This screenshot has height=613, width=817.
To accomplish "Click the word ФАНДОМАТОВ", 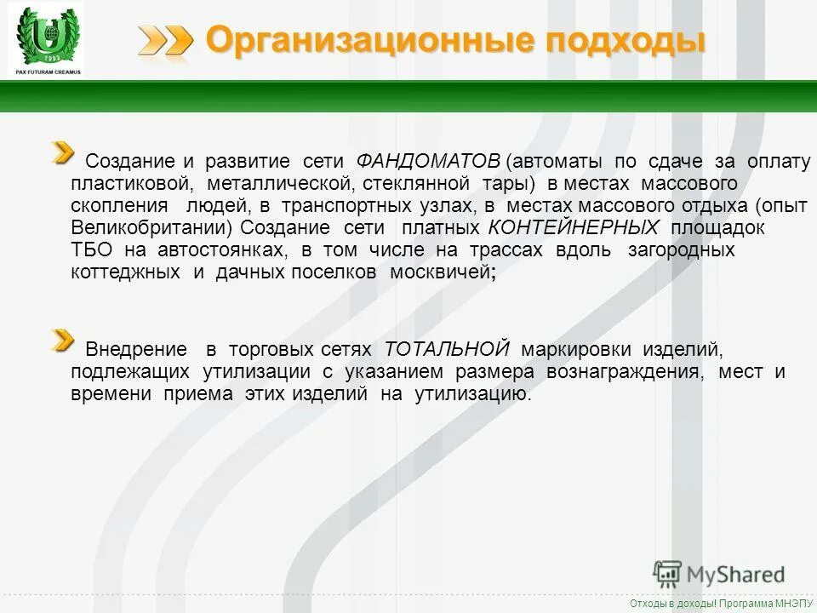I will click(x=428, y=162).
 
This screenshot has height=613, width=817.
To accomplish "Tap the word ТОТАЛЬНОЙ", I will click(x=447, y=349).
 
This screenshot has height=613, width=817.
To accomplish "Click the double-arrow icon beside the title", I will click(x=166, y=40).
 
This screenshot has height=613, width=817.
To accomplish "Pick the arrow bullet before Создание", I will click(x=62, y=154).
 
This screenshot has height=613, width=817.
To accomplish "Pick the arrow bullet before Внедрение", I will click(x=62, y=341).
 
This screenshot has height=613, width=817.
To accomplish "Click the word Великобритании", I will click(x=151, y=228).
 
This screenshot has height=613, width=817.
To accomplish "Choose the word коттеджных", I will click(x=126, y=272).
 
